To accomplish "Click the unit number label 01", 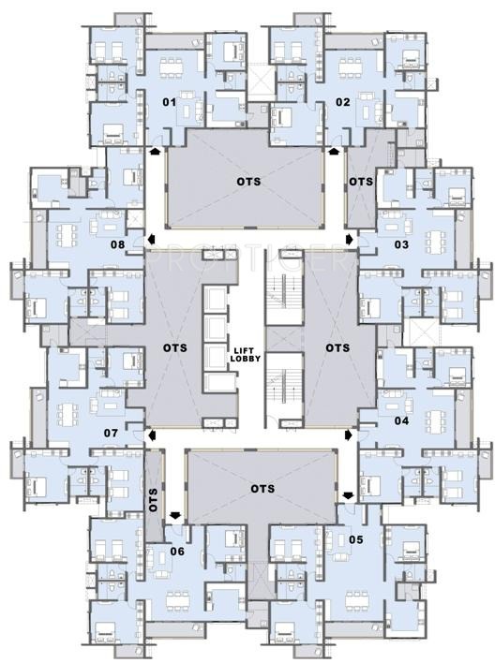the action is tap(170, 102).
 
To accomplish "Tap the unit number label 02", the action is tap(343, 102).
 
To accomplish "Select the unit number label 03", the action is tap(401, 244).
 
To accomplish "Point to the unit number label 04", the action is tap(401, 420).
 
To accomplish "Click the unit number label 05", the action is tap(356, 539).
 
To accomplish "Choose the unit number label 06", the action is tap(177, 552).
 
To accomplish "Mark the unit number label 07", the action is tap(111, 433).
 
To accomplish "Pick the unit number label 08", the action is tap(118, 244).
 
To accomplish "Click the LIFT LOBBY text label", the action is tap(247, 355).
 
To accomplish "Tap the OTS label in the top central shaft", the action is tap(248, 182).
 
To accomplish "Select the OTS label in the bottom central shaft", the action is tap(262, 489).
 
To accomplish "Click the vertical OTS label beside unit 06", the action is tap(154, 500).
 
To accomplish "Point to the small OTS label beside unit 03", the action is tap(361, 182).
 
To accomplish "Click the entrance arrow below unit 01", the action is tap(155, 151).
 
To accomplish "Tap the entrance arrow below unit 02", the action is tap(335, 151).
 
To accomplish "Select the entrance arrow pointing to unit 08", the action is tap(152, 240).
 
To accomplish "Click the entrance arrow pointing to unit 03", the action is tap(350, 240).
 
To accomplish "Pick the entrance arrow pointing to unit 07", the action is tap(152, 435).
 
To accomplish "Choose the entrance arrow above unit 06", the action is tap(174, 515).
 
